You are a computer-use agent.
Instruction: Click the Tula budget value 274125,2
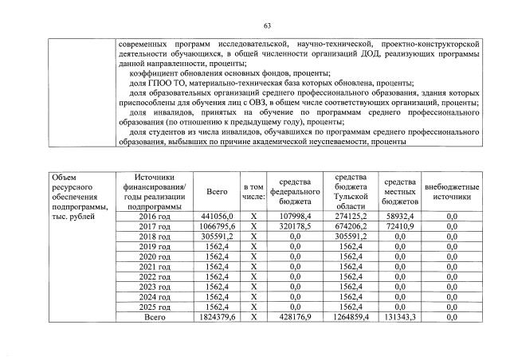coord(351,217)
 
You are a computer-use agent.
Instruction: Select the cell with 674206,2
coord(351,227)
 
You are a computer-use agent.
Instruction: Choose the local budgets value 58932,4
coord(402,217)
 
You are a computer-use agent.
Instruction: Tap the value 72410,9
coord(402,227)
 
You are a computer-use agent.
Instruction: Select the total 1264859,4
coord(351,317)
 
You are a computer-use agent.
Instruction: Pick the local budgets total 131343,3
coord(402,317)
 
